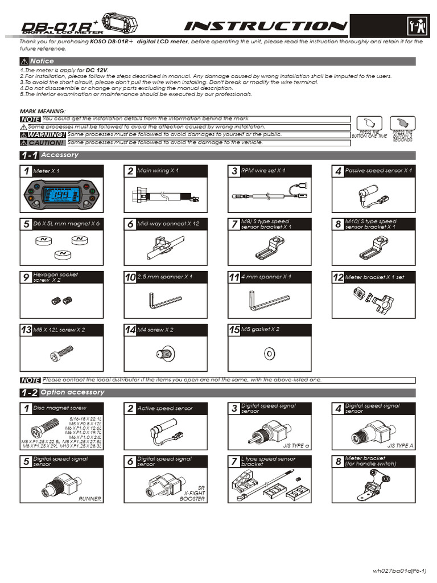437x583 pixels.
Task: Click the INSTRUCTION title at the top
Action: (x=266, y=26)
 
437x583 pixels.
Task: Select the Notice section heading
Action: (x=42, y=61)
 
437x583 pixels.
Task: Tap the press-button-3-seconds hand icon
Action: (x=402, y=124)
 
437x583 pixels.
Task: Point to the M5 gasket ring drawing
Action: (x=268, y=354)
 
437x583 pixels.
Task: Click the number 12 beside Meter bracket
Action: (x=338, y=277)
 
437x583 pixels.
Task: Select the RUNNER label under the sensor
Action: (x=90, y=499)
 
